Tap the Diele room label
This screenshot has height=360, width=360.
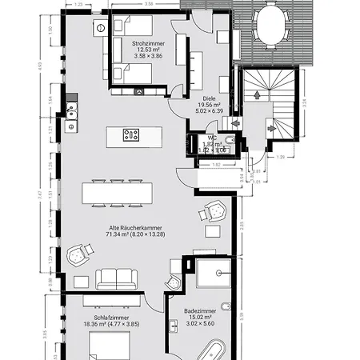click(210, 97)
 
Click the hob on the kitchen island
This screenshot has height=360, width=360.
click(131, 134)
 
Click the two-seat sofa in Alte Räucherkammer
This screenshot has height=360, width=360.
click(117, 278)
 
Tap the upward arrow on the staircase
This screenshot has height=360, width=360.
click(255, 94)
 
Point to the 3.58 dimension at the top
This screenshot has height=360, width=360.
click(149, 4)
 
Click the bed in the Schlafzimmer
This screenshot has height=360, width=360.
click(107, 346)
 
